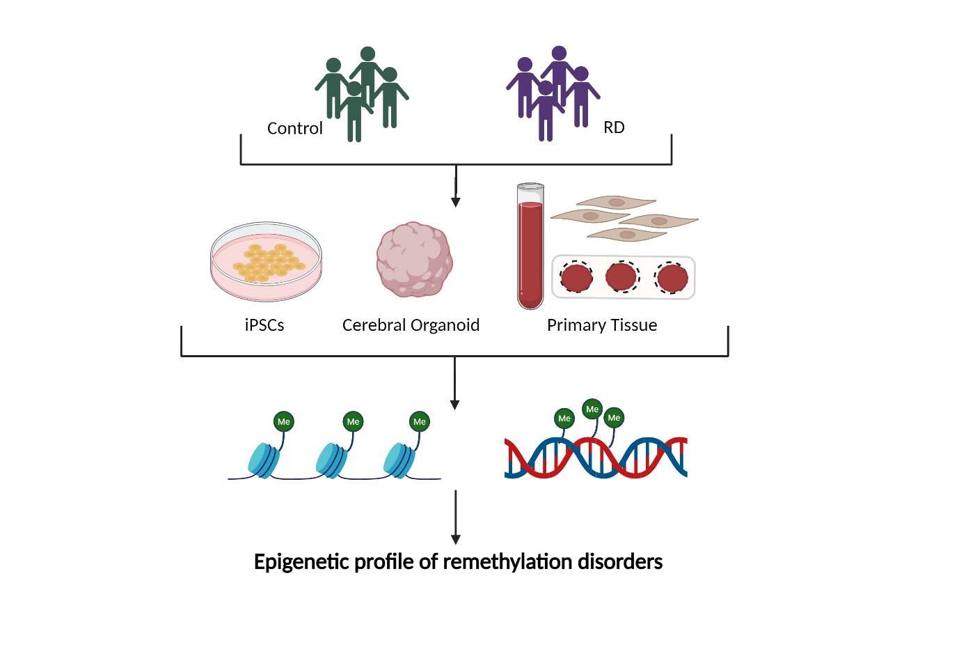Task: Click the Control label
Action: pos(294,128)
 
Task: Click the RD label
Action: pos(614,127)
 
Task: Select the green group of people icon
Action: pos(362,93)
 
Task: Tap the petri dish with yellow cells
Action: pos(266,262)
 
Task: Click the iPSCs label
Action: pos(264,325)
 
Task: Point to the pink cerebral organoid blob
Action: pos(414,260)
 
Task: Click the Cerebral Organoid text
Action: pos(411,325)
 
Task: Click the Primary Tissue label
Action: pos(602,325)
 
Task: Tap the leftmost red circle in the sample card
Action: pos(576,277)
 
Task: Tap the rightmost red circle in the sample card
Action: pos(672,277)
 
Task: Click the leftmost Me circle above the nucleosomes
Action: pos(284,421)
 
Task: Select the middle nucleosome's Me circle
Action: pos(354,421)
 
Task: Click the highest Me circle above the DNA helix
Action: pos(592,409)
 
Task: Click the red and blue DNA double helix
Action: pos(596,458)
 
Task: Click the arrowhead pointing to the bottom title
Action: pos(456,539)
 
